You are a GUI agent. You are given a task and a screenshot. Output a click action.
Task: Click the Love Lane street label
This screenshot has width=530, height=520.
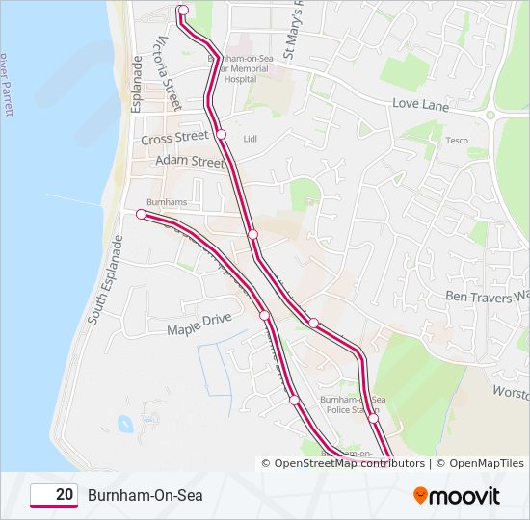(420, 105)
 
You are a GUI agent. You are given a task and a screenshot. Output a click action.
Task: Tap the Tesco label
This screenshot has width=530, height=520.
(456, 141)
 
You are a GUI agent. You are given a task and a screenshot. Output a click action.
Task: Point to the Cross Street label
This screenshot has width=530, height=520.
(174, 139)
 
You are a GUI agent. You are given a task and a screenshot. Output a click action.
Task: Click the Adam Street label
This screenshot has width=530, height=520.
(189, 162)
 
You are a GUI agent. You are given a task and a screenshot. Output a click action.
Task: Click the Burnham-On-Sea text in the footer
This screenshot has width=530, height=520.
(146, 495)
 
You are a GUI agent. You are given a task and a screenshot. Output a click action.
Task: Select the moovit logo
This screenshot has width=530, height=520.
(457, 496)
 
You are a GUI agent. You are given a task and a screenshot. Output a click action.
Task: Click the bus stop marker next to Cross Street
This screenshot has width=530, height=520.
(221, 134)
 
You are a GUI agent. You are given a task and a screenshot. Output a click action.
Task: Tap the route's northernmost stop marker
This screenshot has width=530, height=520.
(183, 10)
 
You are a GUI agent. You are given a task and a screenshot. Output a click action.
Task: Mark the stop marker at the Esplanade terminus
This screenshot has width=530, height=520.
(141, 215)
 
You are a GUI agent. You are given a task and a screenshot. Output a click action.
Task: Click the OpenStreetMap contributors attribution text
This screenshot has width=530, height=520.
(350, 463)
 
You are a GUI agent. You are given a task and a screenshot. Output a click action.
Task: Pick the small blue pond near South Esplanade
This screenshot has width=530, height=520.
(124, 423)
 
